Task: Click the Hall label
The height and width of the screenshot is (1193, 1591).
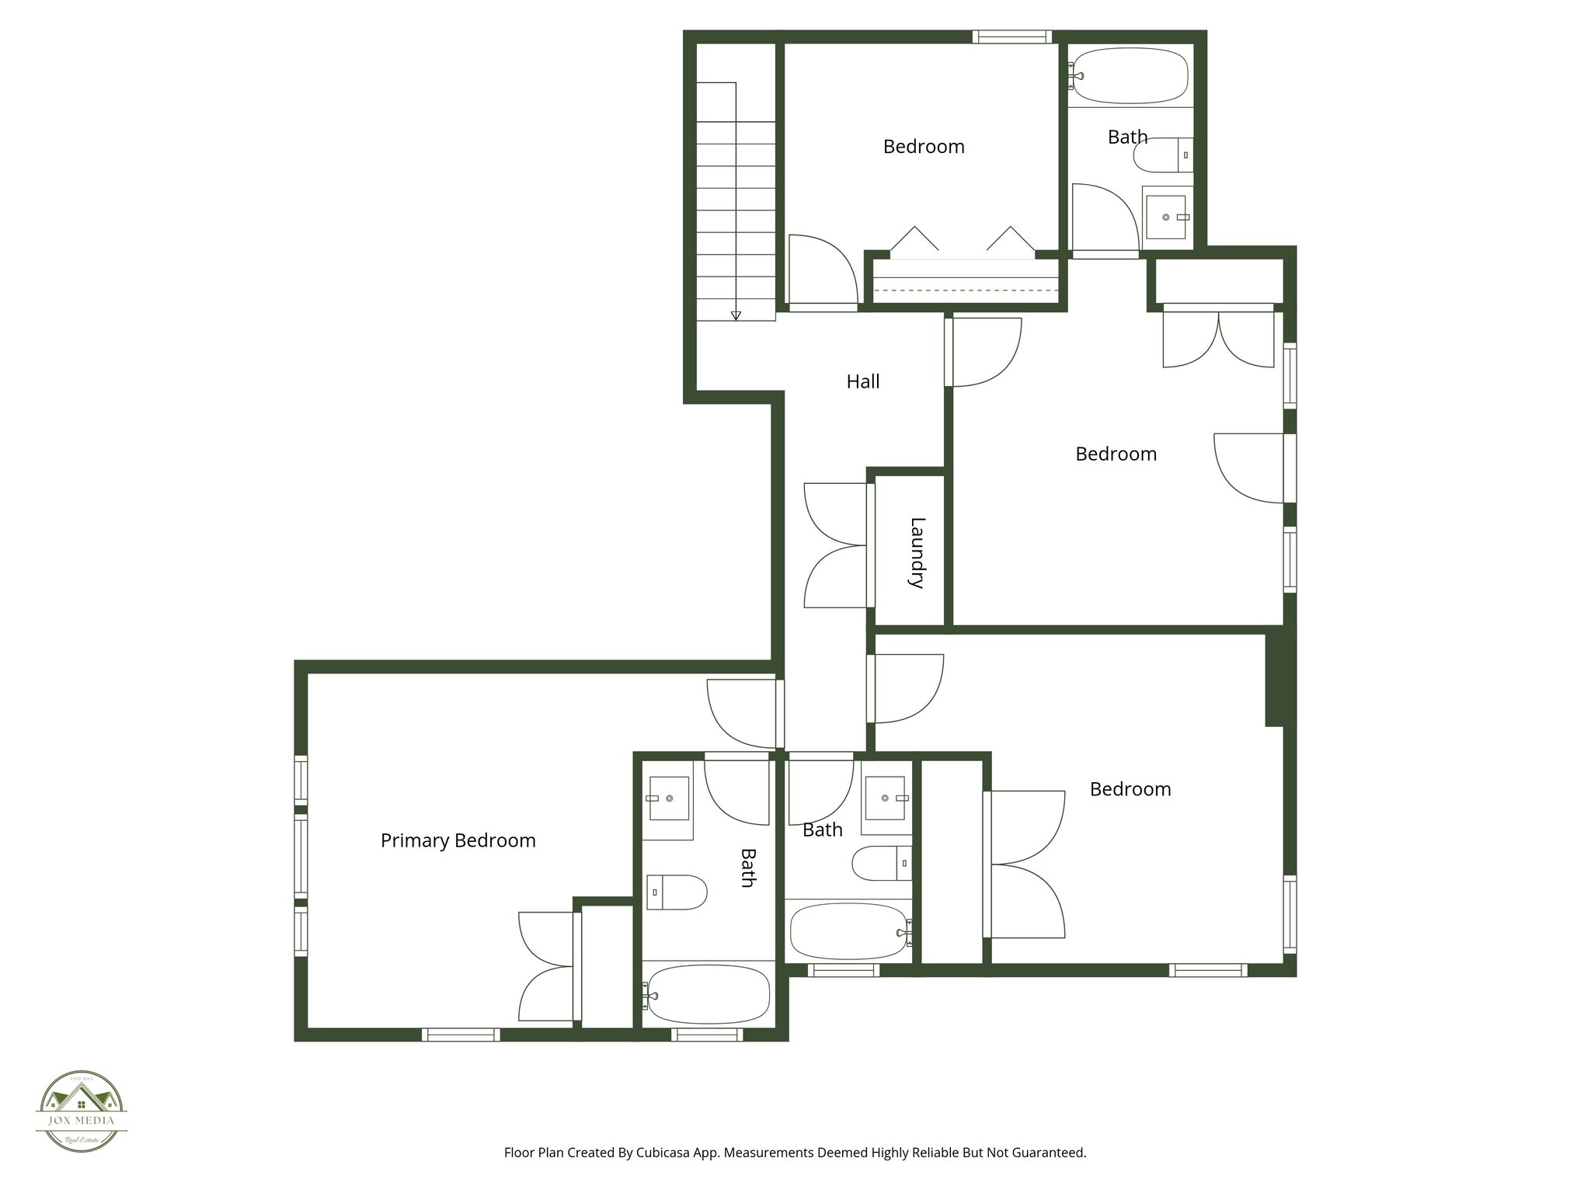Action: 862,381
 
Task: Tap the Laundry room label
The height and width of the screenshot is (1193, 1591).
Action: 917,552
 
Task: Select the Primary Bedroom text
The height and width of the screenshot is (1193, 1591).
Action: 458,840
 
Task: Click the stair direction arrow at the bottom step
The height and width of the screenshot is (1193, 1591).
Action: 735,315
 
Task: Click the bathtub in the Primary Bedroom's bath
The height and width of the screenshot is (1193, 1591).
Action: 708,995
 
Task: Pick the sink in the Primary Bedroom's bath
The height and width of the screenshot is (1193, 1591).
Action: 669,798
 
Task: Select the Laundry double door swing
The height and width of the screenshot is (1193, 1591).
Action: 835,545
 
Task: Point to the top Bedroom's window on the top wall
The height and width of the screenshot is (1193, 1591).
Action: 1012,37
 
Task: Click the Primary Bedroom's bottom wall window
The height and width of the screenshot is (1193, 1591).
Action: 461,1035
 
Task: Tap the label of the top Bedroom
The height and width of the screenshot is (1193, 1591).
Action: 923,146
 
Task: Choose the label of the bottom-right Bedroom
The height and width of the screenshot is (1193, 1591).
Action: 1130,789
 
